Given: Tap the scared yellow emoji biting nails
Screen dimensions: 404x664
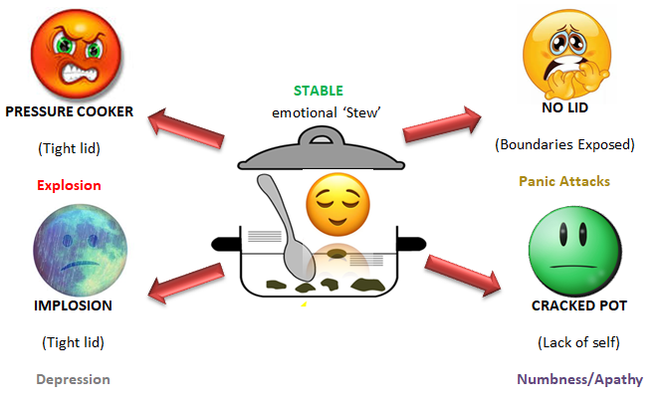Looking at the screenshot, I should [563, 51].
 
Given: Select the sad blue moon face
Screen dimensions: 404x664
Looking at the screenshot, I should [71, 241].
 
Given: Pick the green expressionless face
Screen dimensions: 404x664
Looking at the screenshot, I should [564, 251].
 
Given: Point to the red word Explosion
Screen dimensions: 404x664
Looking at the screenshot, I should [69, 185].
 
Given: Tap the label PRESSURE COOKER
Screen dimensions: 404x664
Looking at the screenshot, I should [70, 111].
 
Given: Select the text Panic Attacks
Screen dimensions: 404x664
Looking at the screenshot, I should [564, 181].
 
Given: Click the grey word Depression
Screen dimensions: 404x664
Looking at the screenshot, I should [73, 379].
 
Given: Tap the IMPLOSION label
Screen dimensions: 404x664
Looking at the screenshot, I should [73, 305].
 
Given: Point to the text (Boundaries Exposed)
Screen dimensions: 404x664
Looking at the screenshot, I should [564, 145].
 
